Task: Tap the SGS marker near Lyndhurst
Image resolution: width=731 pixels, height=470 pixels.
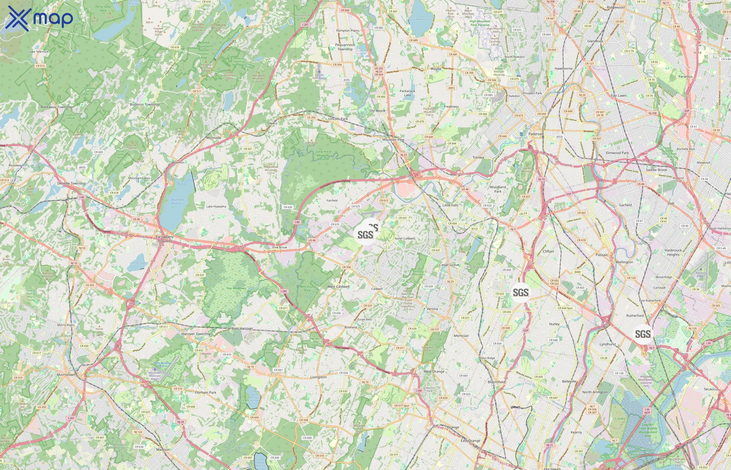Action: coord(642,334)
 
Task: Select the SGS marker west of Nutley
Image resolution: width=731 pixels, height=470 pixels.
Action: coord(521,292)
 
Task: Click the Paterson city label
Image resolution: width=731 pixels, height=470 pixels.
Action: coord(536,134)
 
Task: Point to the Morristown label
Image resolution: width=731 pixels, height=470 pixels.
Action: coord(66,374)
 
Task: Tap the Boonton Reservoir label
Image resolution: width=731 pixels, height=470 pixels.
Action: coord(177,201)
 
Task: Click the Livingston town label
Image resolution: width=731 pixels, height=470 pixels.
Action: coord(318,377)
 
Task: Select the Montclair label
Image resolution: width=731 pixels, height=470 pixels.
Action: coord(461,336)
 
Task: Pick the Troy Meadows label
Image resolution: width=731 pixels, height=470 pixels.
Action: coord(235,288)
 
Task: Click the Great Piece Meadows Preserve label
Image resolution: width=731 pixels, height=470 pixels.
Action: coord(323,155)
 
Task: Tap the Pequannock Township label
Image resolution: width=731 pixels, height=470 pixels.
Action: coord(345,47)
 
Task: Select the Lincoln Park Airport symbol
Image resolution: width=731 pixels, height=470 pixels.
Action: coord(319,72)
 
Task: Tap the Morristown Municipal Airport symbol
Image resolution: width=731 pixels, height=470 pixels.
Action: coord(155,369)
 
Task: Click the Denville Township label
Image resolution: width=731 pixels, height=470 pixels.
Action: coord(71,183)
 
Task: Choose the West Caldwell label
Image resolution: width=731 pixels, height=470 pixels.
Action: coord(338,287)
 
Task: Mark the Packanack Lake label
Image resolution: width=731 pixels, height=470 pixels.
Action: coord(407,93)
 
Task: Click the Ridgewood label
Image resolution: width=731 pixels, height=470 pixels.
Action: coord(616,7)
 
